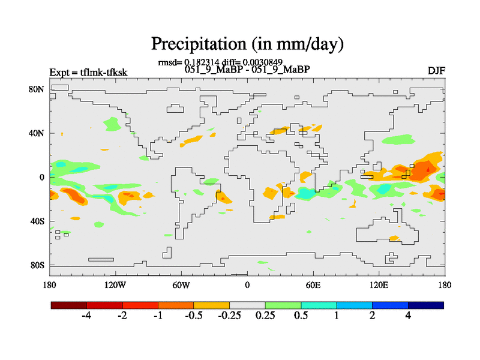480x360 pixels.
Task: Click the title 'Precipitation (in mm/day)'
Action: point(247,44)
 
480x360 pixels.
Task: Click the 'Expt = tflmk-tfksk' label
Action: point(88,73)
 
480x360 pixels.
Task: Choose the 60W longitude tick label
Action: point(181,284)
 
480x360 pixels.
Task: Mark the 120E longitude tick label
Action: point(379,284)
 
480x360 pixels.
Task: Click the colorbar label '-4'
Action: point(86,316)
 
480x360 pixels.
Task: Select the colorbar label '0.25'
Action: point(265,316)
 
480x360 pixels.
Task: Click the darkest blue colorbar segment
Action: point(425,305)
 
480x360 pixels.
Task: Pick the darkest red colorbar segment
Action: point(69,305)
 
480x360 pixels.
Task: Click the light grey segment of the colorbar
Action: point(247,305)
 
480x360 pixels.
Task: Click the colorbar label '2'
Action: point(373,316)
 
